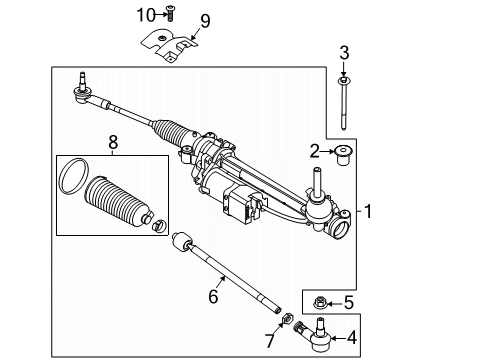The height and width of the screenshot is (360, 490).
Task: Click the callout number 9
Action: pos(204,21)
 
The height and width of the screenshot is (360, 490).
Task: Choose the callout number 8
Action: pos(112,146)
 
